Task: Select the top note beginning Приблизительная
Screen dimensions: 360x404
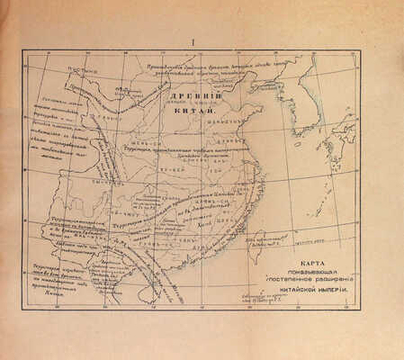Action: [208, 67]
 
